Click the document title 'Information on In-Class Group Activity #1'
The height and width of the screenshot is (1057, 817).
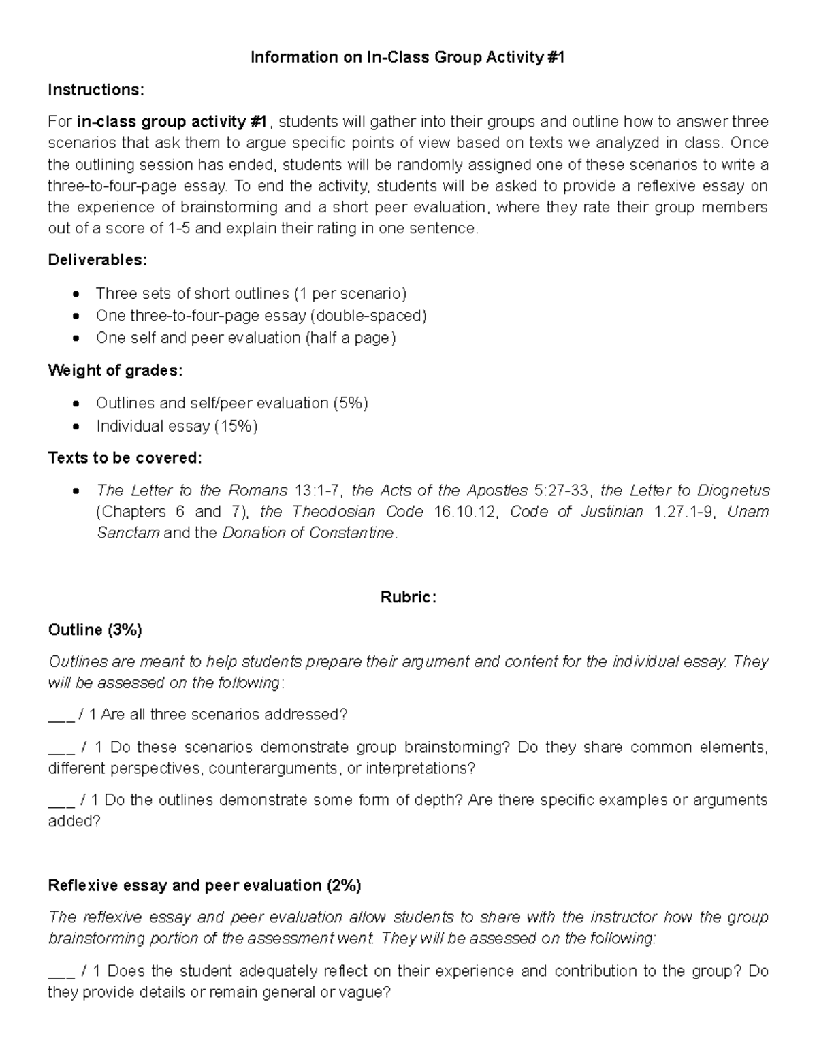point(408,58)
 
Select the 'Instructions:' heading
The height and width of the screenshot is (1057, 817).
point(96,90)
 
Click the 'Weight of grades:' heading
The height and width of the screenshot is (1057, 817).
point(115,371)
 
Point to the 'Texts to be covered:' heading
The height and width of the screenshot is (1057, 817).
point(125,458)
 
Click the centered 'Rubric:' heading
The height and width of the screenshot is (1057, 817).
point(408,598)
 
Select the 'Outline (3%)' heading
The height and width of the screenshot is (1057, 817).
point(95,630)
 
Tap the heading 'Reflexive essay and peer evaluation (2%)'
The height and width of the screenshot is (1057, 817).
point(204,885)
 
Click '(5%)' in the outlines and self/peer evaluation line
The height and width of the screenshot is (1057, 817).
point(351,404)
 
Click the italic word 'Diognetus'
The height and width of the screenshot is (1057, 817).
point(733,491)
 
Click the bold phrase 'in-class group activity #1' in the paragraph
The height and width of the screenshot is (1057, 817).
point(172,122)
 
